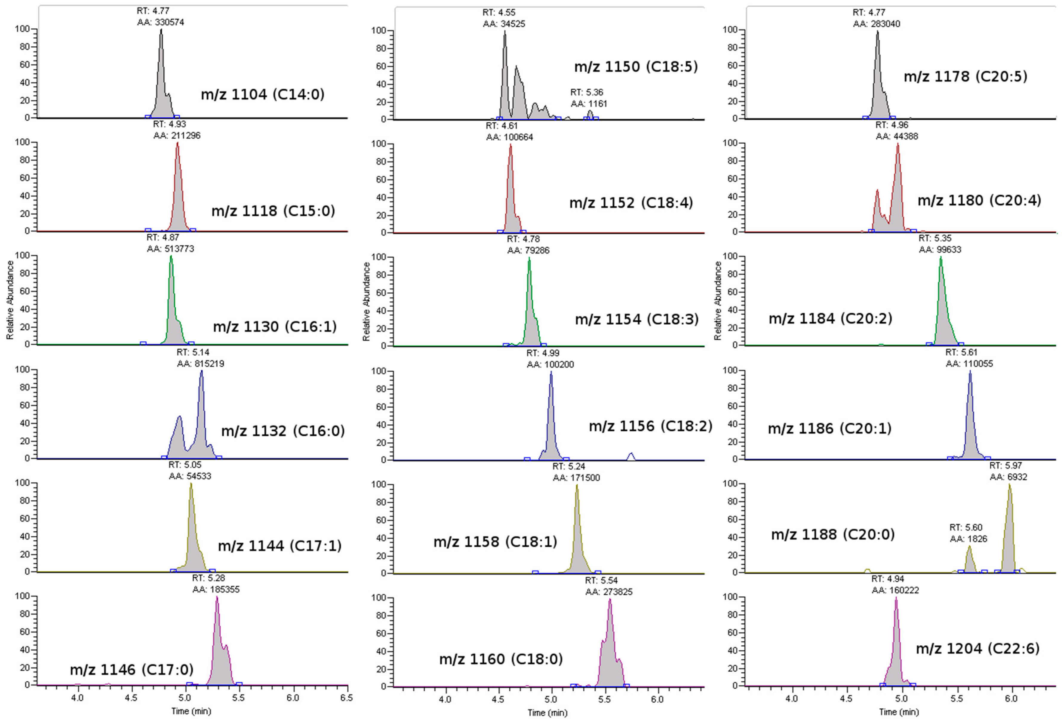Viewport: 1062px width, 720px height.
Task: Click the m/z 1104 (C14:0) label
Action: pyautogui.click(x=262, y=95)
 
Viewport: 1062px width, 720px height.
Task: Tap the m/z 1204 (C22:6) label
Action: pyautogui.click(x=978, y=648)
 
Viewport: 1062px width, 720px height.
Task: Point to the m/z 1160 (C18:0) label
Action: pyautogui.click(x=501, y=659)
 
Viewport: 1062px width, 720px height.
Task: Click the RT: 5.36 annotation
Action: pyautogui.click(x=586, y=92)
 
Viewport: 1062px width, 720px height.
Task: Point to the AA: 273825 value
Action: pyautogui.click(x=609, y=592)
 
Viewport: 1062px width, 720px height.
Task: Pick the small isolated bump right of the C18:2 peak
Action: pyautogui.click(x=631, y=456)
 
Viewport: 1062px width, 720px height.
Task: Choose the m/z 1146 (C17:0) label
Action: pyautogui.click(x=132, y=670)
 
